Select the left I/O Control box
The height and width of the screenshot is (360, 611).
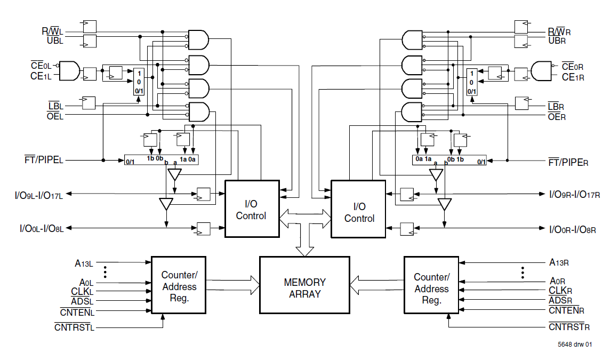click(x=252, y=209)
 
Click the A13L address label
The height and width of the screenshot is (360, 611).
click(x=84, y=262)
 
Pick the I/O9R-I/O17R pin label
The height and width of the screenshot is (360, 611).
click(x=575, y=195)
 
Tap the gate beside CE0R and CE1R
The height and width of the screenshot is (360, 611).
click(x=541, y=70)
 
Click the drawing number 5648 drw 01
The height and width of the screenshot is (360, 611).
click(x=574, y=345)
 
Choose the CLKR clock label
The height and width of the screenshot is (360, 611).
click(x=561, y=291)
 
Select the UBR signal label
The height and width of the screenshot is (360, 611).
click(x=556, y=41)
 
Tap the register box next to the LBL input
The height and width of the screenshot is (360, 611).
click(x=89, y=102)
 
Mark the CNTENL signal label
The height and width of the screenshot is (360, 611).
click(x=77, y=312)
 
